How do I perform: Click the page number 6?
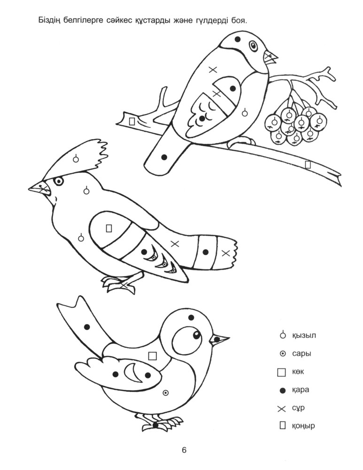(x=184, y=450)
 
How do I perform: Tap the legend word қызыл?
(x=304, y=335)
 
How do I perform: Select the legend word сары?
(x=301, y=354)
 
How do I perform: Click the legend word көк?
(x=298, y=372)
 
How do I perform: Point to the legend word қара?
(x=301, y=390)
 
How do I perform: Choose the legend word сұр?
(x=298, y=408)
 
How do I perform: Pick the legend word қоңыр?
(x=303, y=426)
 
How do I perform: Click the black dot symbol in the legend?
(x=282, y=390)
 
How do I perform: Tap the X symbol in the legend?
(x=282, y=408)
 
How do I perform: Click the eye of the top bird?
(x=254, y=46)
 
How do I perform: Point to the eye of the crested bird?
(x=59, y=181)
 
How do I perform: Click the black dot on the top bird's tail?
(x=164, y=157)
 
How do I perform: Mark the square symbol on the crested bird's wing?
(x=109, y=228)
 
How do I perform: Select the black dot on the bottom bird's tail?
(x=87, y=327)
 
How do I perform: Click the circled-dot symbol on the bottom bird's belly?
(x=165, y=392)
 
